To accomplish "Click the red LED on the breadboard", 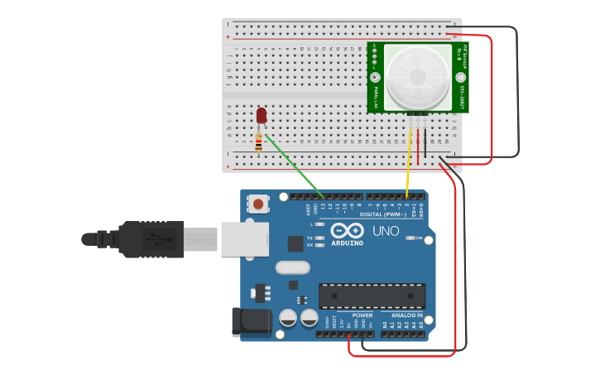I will pos(262,115).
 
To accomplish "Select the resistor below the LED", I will pos(259,143).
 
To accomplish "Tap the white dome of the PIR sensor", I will pos(418,77).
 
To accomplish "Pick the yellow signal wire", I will pos(408,162).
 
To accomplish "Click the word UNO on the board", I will pos(386,231).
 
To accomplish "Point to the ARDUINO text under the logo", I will pos(347,243).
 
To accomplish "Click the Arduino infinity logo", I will pos(347,230).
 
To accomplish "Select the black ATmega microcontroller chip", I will pos(372,296).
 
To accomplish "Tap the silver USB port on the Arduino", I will pos(244,238).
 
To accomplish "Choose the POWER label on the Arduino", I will pos(362,315).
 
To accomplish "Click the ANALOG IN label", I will pos(406,315).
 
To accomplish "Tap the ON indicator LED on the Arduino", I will pos(410,238).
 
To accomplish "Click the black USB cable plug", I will pos(149,239).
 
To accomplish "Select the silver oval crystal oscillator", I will pos(292,267).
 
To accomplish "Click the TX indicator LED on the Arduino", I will pos(319,238).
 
